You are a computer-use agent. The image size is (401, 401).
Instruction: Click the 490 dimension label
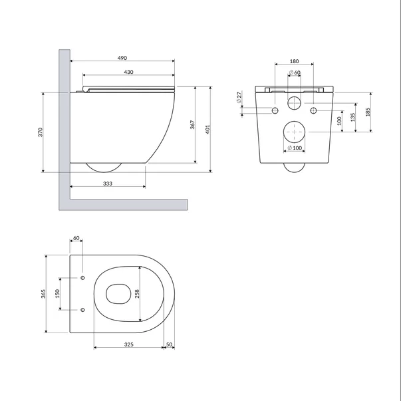(x=122, y=58)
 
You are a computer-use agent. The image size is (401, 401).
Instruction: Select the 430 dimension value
(x=128, y=72)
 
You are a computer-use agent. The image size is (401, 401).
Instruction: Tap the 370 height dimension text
(x=41, y=132)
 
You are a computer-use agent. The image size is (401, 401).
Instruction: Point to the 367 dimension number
(x=193, y=124)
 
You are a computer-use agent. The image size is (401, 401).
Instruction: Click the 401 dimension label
(x=207, y=130)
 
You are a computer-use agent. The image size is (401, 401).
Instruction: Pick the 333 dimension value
(x=108, y=184)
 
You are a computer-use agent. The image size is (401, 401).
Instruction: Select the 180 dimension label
(x=294, y=61)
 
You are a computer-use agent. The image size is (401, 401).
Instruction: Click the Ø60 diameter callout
(x=295, y=72)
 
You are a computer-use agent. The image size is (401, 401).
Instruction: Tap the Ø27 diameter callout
(x=239, y=98)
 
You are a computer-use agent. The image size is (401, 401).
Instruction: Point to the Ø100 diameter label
(x=295, y=148)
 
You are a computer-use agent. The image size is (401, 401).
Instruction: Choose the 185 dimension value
(x=368, y=112)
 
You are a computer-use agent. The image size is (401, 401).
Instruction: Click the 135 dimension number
(x=353, y=118)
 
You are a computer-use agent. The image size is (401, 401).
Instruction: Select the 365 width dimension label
(x=43, y=294)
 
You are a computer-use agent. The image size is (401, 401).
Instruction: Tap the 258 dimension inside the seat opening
(x=137, y=294)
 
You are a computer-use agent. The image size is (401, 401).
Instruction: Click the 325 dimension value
(x=129, y=344)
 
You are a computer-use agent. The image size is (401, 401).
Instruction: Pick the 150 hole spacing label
(x=57, y=293)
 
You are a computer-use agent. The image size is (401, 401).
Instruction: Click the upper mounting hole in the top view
(x=82, y=278)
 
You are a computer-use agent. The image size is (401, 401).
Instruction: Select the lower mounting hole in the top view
(x=82, y=310)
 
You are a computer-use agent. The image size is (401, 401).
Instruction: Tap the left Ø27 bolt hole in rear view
(x=275, y=110)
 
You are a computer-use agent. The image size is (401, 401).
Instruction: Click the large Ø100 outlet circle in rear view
(x=295, y=121)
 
